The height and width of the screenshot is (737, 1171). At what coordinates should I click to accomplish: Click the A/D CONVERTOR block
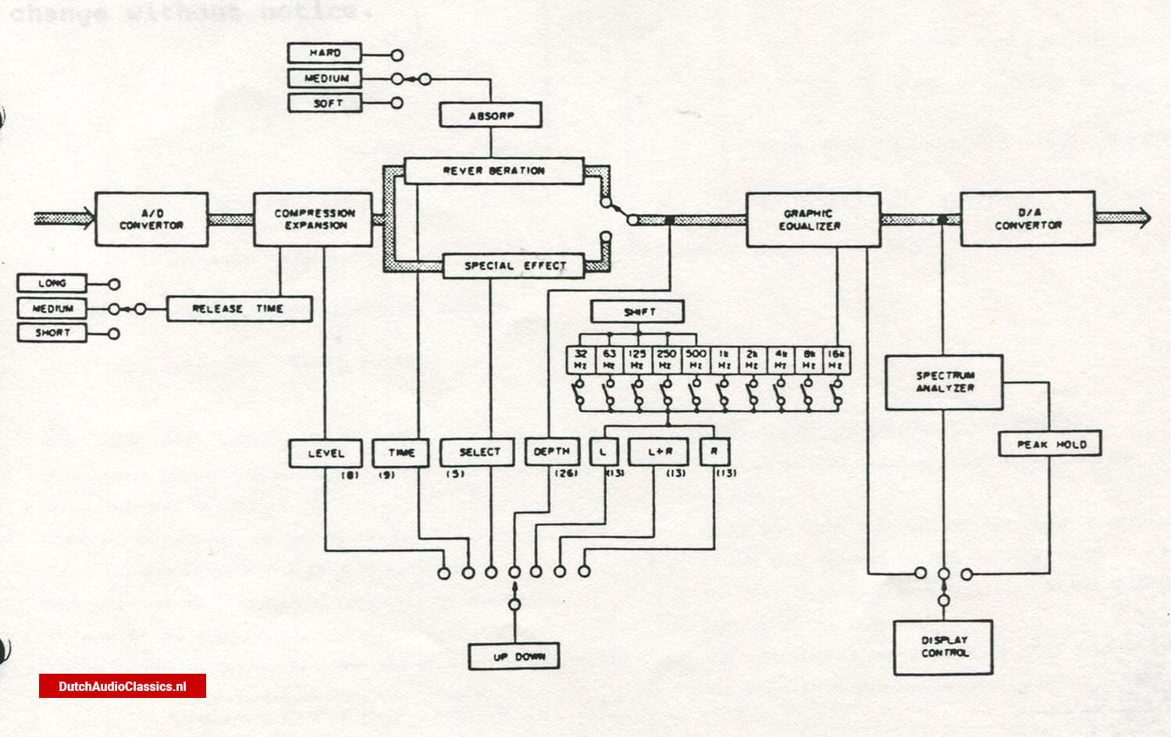[151, 219]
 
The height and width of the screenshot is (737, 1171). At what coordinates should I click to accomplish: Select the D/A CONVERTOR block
[1027, 219]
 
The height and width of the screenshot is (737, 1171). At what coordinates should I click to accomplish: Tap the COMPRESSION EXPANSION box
[313, 219]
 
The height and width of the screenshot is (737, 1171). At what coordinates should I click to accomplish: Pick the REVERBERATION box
[493, 171]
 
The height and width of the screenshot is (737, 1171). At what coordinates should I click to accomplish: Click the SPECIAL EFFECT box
[514, 266]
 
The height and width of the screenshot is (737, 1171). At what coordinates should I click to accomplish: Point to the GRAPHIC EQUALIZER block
[813, 220]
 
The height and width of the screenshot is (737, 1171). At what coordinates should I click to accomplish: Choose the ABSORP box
[490, 116]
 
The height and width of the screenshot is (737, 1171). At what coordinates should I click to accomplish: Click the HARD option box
[325, 53]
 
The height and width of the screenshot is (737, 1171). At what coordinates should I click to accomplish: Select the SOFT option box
[325, 103]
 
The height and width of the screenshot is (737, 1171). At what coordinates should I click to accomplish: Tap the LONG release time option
[52, 283]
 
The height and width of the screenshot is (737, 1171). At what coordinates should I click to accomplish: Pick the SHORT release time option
[52, 333]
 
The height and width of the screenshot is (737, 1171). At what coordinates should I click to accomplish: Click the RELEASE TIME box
[239, 309]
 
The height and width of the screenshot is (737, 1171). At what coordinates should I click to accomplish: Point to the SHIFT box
[637, 312]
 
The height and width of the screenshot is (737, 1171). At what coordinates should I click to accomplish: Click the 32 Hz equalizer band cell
[580, 360]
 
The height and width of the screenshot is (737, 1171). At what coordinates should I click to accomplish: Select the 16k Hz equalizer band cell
[836, 360]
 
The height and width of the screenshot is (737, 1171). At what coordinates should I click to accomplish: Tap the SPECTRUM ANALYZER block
[943, 383]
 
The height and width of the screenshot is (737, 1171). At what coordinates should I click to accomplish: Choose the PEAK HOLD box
[1050, 444]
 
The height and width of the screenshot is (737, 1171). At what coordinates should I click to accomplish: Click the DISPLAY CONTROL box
[943, 647]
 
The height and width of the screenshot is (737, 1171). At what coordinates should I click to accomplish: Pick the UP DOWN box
[514, 657]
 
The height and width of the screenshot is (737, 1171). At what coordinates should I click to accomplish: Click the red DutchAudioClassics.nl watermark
[123, 686]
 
